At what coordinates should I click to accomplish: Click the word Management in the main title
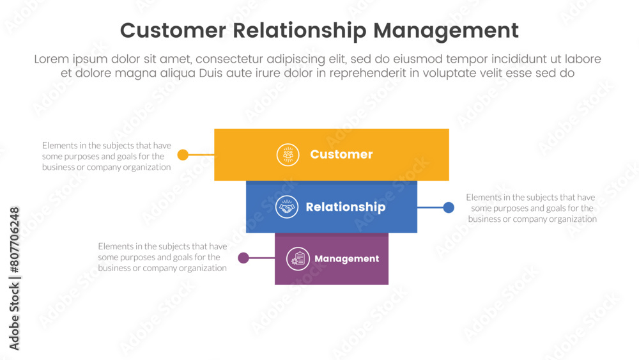pyautogui.click(x=446, y=31)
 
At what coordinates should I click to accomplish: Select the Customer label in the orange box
pyautogui.click(x=341, y=154)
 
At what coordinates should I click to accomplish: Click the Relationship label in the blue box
pyautogui.click(x=345, y=207)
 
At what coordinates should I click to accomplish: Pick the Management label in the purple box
pyautogui.click(x=346, y=259)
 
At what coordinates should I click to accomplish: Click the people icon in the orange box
pyautogui.click(x=288, y=155)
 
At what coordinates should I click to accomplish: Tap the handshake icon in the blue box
pyautogui.click(x=287, y=207)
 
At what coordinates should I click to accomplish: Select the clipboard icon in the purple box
pyautogui.click(x=298, y=259)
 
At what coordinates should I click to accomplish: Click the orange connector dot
pyautogui.click(x=183, y=155)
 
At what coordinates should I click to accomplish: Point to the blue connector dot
pyautogui.click(x=449, y=207)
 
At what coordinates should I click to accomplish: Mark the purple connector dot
pyautogui.click(x=243, y=258)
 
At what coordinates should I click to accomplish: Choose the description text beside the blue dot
pyautogui.click(x=532, y=208)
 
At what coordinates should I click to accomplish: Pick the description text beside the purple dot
pyautogui.click(x=162, y=257)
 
